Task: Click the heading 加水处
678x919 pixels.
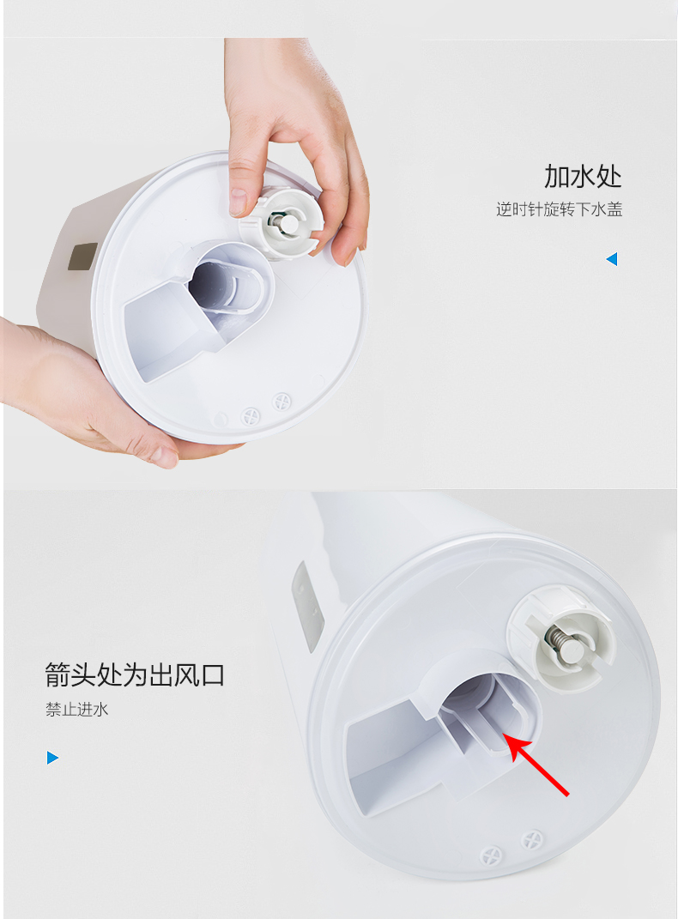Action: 583,176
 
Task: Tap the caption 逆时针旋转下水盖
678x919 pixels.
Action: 559,209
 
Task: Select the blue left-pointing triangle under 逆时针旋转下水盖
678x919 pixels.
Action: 612,259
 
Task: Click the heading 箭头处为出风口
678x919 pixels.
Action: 135,674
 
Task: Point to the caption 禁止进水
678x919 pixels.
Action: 77,710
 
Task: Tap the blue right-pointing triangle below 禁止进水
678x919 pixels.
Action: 52,758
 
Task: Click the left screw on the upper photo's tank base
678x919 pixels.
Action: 251,415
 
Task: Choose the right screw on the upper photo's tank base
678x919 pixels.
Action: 281,402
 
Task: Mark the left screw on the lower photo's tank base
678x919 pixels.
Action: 491,856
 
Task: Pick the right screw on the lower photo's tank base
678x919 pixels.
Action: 532,839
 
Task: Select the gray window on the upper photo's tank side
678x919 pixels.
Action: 82,256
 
